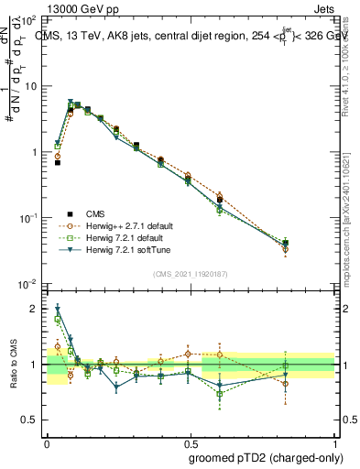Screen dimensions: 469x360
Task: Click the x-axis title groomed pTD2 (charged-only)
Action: pos(266,457)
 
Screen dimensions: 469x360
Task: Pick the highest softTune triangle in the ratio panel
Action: pos(58,309)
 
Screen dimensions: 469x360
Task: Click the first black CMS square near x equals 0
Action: pos(58,162)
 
